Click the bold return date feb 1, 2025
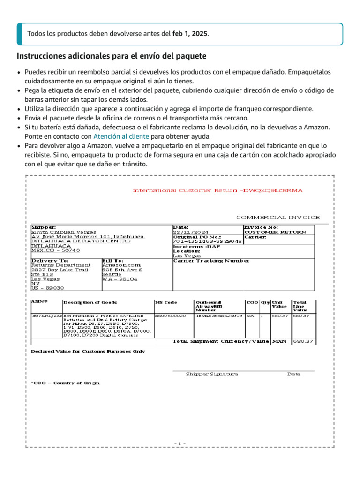[190, 34]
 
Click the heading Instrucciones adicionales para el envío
[112, 56]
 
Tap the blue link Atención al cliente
[121, 136]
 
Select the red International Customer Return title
[217, 190]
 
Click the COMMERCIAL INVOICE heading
[278, 217]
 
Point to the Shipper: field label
[44, 227]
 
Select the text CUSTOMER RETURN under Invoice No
[275, 232]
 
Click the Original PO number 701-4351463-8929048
[207, 241]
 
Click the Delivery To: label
[50, 260]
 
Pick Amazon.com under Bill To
[121, 265]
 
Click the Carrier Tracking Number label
[211, 261]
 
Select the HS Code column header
[166, 302]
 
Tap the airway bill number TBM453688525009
[218, 315]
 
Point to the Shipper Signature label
[212, 374]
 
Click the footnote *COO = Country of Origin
[66, 383]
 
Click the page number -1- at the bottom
[180, 443]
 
